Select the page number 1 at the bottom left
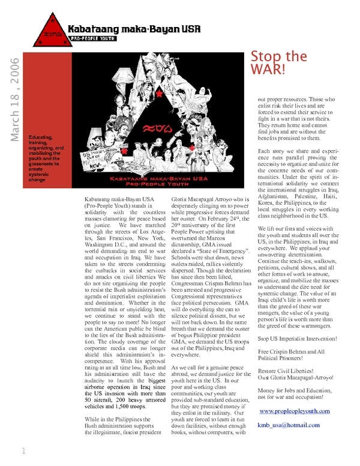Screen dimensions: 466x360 click(x=23, y=450)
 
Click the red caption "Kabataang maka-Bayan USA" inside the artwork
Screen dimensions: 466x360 click(x=157, y=179)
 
